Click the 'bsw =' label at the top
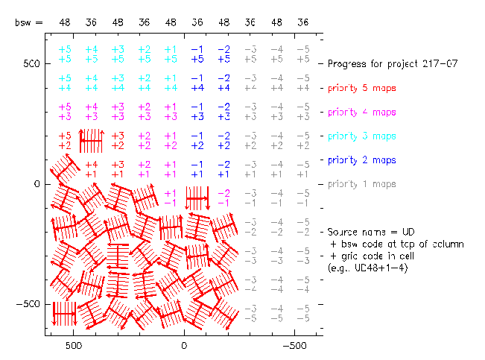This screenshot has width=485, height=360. pyautogui.click(x=28, y=23)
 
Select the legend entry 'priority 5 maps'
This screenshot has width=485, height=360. pyautogui.click(x=361, y=88)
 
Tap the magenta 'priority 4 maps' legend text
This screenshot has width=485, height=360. pyautogui.click(x=361, y=113)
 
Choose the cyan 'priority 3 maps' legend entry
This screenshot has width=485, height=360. pyautogui.click(x=361, y=136)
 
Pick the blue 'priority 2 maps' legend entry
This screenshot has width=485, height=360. pyautogui.click(x=361, y=160)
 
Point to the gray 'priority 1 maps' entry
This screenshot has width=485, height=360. pyautogui.click(x=361, y=184)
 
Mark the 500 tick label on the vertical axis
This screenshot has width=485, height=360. pyautogui.click(x=29, y=64)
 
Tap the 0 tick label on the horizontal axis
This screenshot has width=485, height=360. pyautogui.click(x=184, y=347)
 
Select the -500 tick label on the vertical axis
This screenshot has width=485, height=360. pyautogui.click(x=27, y=304)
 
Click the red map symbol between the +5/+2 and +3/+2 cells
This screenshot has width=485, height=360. pyautogui.click(x=91, y=140)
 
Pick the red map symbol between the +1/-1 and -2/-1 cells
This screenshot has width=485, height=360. pyautogui.click(x=197, y=198)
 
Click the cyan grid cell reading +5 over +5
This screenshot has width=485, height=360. pyautogui.click(x=65, y=54)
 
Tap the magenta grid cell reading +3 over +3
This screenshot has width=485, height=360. pyautogui.click(x=118, y=111)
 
